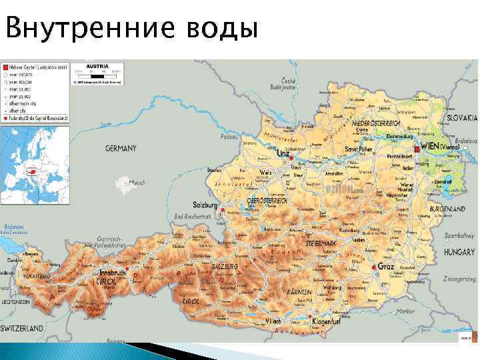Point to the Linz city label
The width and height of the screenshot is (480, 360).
283,153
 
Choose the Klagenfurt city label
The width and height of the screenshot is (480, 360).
328,323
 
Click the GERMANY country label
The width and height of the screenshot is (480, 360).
120,149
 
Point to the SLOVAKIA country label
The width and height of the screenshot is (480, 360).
461,117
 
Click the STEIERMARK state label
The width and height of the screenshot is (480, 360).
323,243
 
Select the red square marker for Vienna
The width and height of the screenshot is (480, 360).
416,149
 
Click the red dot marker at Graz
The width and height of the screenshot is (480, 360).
373,267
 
